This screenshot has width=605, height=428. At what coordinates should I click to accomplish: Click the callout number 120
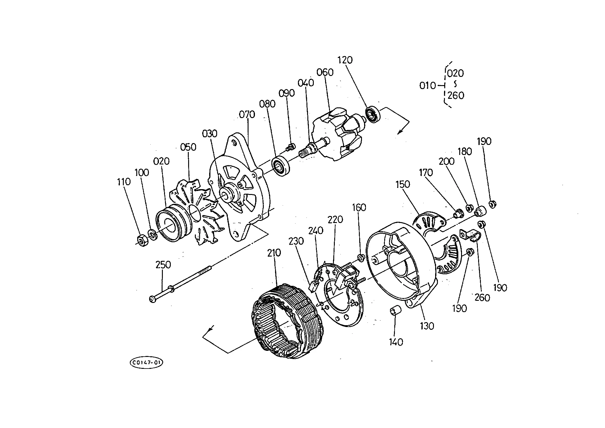pos(345,60)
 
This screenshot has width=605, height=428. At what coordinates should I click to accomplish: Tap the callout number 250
pos(163,264)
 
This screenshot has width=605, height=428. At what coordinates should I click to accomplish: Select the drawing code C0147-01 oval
pos(146,363)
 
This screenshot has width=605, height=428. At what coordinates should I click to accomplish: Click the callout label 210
pos(274,253)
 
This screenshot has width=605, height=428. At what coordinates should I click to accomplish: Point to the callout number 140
pos(396,342)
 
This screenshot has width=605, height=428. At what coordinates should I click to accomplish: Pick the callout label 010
pos(428,86)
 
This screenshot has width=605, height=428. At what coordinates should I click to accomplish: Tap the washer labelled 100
pos(152,234)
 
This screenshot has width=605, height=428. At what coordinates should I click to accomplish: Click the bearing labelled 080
pos(280,166)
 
